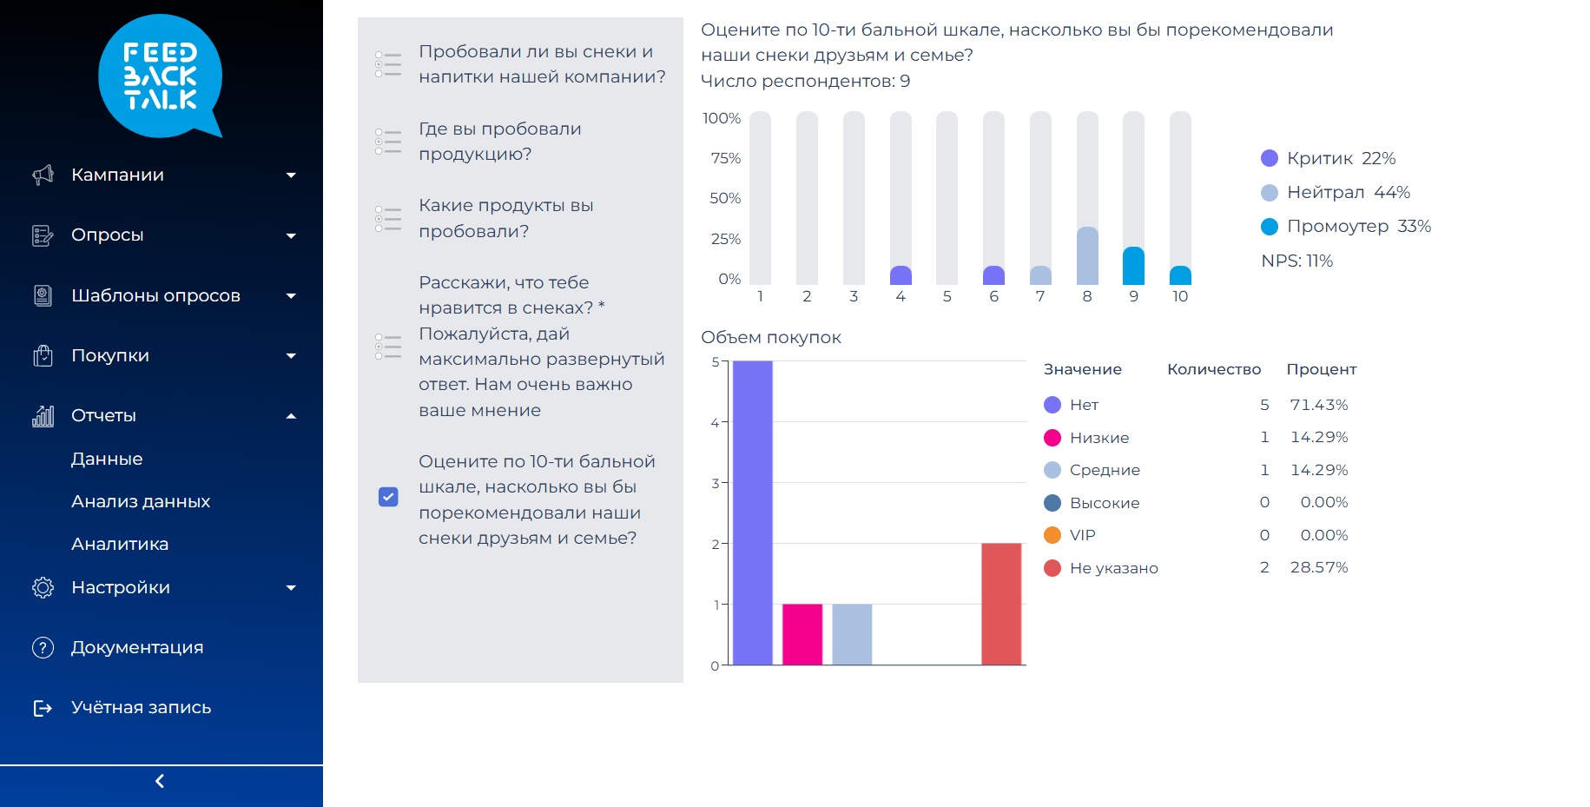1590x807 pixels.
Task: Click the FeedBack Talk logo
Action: (161, 76)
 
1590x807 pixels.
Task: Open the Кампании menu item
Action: (117, 175)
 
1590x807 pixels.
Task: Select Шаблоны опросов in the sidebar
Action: (155, 295)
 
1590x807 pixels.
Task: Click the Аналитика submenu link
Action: (120, 544)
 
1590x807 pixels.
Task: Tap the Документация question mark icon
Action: (43, 647)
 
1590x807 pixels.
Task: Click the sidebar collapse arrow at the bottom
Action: (160, 781)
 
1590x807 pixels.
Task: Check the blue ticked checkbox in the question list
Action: (388, 497)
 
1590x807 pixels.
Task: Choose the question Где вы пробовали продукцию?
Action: (499, 142)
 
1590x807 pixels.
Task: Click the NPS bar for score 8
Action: (1087, 255)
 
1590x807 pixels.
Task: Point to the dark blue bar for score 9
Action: (1133, 266)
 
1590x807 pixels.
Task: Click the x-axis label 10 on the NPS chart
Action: (1180, 296)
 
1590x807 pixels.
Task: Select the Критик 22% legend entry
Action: (1329, 158)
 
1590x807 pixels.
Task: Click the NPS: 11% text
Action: (1296, 261)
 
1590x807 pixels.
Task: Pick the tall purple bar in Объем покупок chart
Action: (753, 513)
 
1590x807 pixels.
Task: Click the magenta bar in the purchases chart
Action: (802, 634)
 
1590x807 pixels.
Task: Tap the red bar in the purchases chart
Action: (1001, 604)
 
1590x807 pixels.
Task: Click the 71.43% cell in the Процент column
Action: (1318, 405)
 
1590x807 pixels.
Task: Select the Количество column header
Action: (1213, 369)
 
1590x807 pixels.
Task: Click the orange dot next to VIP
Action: (1052, 535)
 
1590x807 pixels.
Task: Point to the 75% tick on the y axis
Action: (725, 158)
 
